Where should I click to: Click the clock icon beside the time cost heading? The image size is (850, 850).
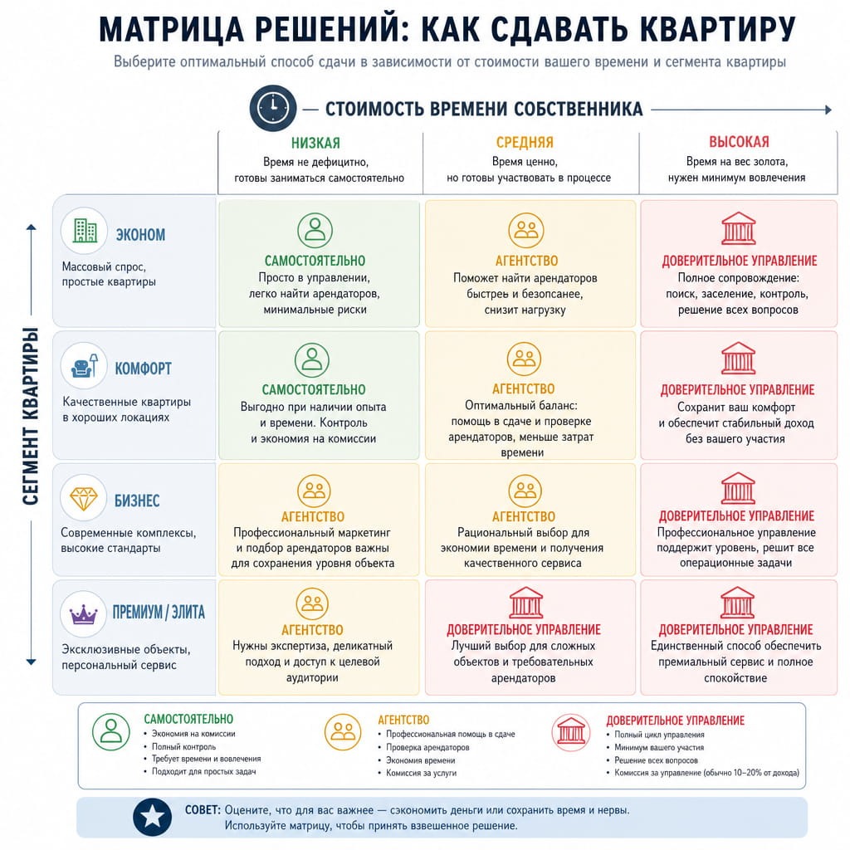tap(272, 109)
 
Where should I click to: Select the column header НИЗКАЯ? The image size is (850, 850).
tap(315, 143)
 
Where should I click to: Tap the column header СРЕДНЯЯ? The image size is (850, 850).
tap(525, 143)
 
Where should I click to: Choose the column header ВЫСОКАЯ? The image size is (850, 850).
tap(739, 142)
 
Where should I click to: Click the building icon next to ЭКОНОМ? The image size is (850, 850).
tap(85, 231)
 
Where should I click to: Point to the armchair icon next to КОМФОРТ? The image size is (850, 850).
tap(85, 365)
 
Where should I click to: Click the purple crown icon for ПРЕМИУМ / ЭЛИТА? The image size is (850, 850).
tap(84, 615)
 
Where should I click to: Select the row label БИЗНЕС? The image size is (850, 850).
tap(137, 501)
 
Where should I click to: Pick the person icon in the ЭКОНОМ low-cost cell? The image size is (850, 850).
tap(315, 231)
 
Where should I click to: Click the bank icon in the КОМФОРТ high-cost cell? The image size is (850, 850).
tap(738, 359)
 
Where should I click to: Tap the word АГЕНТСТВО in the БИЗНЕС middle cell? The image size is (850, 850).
tap(524, 516)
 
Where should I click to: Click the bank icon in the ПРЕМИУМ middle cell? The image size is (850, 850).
tap(525, 603)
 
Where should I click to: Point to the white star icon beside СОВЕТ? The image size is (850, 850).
tap(153, 817)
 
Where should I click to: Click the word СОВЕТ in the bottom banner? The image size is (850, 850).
tap(203, 810)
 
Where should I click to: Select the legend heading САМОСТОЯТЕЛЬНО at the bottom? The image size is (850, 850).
tap(188, 719)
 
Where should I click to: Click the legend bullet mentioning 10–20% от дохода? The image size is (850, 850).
tap(706, 773)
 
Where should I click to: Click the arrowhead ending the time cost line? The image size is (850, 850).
tap(828, 110)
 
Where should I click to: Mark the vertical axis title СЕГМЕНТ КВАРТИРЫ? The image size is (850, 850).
tap(31, 417)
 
